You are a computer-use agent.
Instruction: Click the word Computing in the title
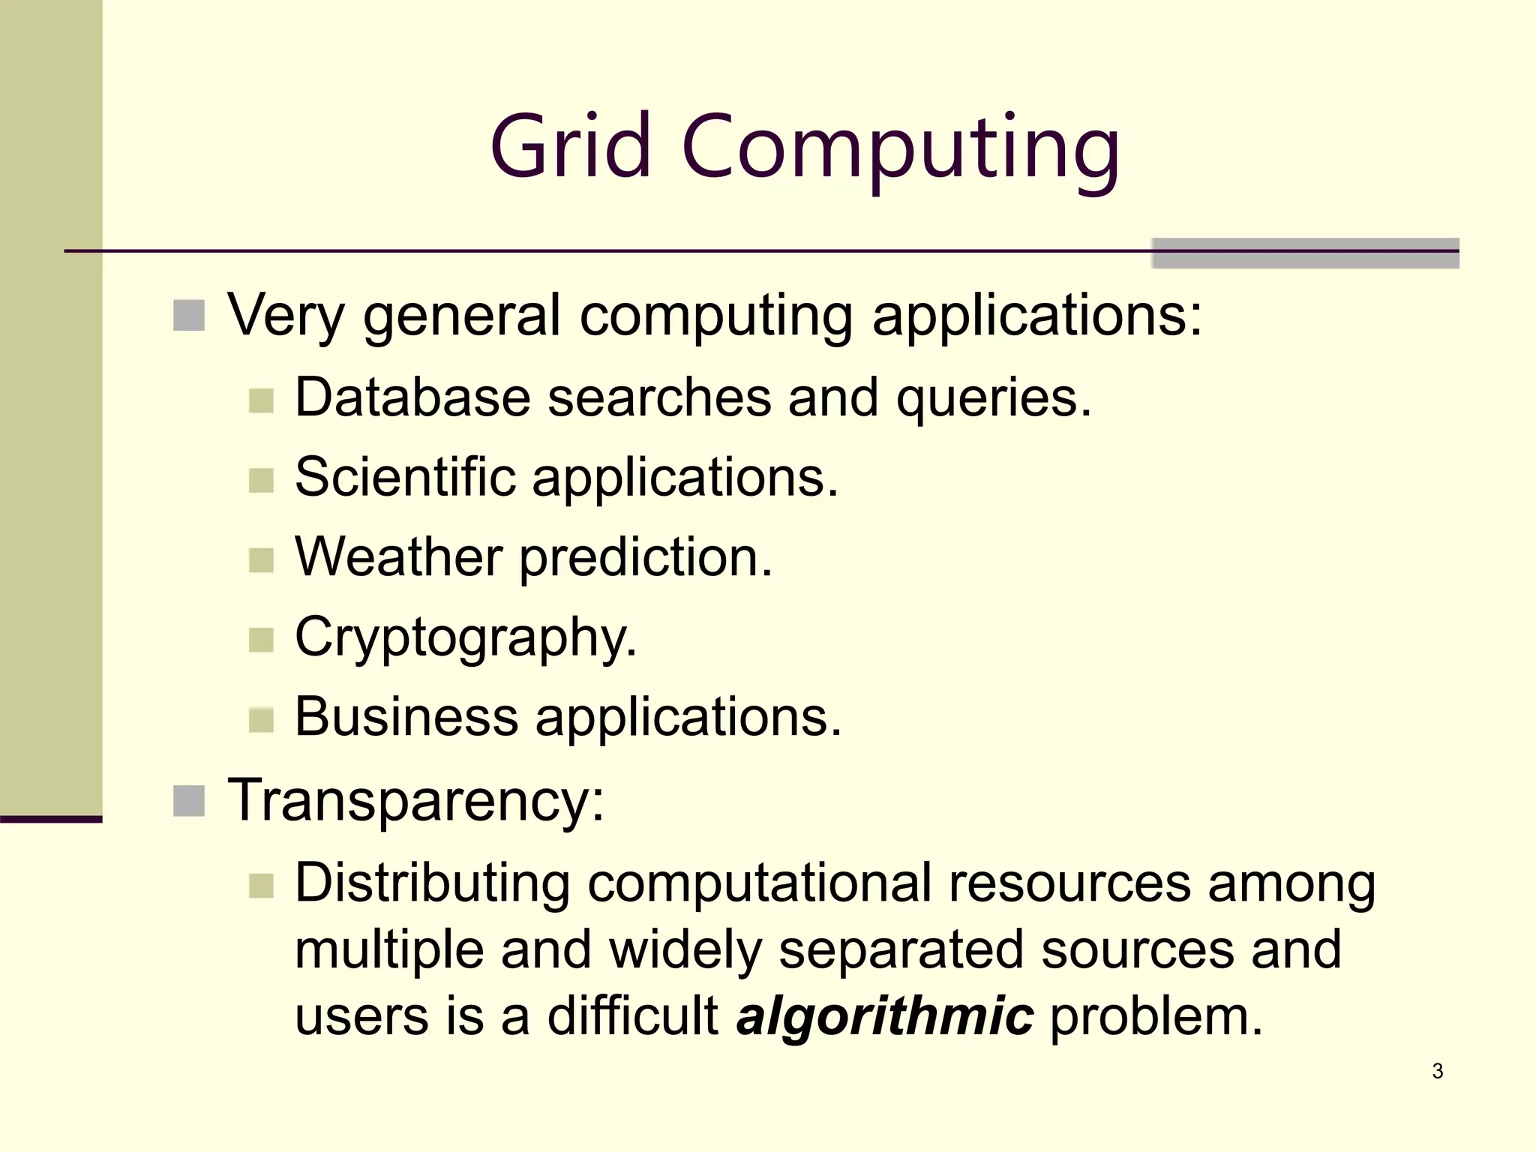[x=900, y=150]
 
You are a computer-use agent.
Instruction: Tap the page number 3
[x=1437, y=1071]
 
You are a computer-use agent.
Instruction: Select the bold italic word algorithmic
[x=885, y=1018]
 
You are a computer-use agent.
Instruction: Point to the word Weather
[x=398, y=557]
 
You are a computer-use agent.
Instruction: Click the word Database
[x=412, y=397]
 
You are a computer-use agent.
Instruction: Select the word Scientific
[x=405, y=477]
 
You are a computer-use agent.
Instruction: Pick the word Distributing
[x=432, y=883]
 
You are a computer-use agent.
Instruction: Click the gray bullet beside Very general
[x=189, y=316]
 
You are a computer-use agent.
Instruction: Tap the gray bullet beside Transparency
[x=189, y=801]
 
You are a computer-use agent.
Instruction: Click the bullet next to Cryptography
[x=261, y=640]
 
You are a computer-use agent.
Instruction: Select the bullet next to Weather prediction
[x=261, y=560]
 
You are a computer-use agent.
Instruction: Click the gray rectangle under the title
[x=1305, y=253]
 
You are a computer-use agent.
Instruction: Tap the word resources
[x=1069, y=883]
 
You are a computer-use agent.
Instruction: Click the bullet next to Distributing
[x=261, y=886]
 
